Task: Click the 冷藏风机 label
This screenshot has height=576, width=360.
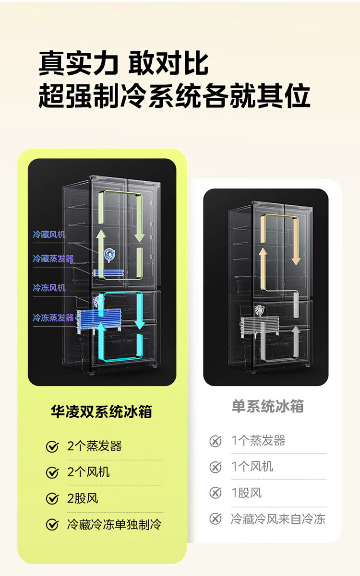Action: click(x=49, y=235)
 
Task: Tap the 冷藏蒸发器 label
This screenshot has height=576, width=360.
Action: click(x=53, y=259)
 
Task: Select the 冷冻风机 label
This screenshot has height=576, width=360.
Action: click(x=49, y=287)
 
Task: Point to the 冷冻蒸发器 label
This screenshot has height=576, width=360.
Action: click(x=53, y=318)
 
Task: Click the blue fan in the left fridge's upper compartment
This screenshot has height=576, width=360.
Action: click(x=109, y=255)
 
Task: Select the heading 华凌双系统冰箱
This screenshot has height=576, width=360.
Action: click(x=101, y=411)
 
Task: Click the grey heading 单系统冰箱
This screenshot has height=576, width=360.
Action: click(x=268, y=406)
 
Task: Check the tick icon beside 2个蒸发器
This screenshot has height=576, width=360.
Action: click(x=52, y=447)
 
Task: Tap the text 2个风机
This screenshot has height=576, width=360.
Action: click(x=88, y=472)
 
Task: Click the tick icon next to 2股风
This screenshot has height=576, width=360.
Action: click(x=52, y=499)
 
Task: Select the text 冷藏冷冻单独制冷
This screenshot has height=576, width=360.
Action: click(x=114, y=525)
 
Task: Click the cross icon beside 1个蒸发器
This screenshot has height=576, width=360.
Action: click(x=216, y=441)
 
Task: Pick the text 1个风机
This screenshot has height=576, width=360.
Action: click(x=252, y=467)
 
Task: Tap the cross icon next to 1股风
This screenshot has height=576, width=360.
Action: click(x=216, y=493)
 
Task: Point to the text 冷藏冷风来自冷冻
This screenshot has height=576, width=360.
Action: click(x=278, y=519)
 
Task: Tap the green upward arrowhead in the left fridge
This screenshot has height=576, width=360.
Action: click(x=101, y=234)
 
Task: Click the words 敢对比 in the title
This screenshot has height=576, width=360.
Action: click(x=168, y=63)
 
